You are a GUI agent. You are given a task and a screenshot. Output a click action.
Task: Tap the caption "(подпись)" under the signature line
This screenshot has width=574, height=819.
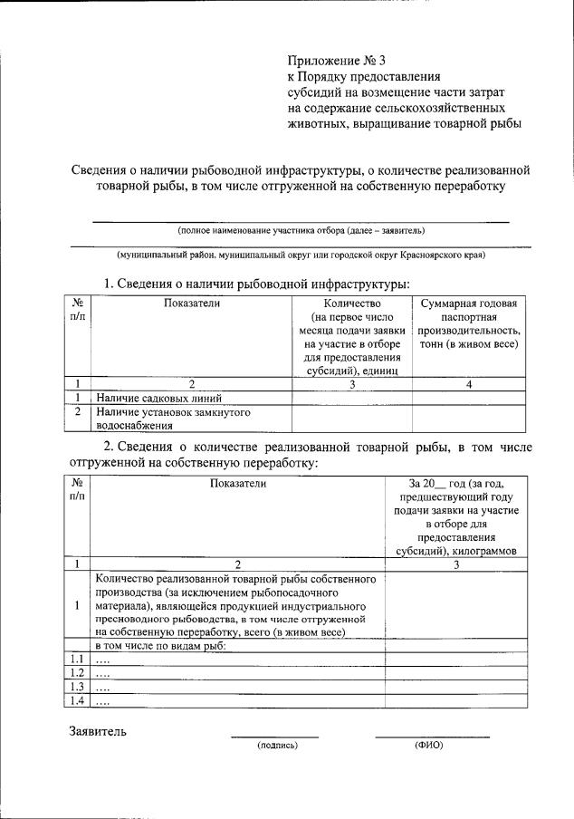277,745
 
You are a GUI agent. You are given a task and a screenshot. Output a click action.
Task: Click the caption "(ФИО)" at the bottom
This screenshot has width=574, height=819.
428,745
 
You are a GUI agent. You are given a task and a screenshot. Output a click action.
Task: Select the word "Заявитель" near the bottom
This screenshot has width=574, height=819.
99,730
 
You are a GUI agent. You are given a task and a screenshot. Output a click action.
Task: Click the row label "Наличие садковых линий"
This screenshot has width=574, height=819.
159,397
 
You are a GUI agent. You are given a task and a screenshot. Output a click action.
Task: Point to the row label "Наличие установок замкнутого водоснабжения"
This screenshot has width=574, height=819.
173,418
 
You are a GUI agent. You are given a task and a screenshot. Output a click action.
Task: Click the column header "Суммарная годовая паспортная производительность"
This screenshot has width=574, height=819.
468,323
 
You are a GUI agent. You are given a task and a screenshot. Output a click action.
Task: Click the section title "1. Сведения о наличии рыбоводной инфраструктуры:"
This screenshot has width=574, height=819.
256,284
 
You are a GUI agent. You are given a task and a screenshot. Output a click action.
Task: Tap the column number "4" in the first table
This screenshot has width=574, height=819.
468,383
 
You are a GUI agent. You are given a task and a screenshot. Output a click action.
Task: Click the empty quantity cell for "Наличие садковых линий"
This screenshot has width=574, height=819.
350,397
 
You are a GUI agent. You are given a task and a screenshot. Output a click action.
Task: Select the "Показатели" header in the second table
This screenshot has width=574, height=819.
237,484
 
